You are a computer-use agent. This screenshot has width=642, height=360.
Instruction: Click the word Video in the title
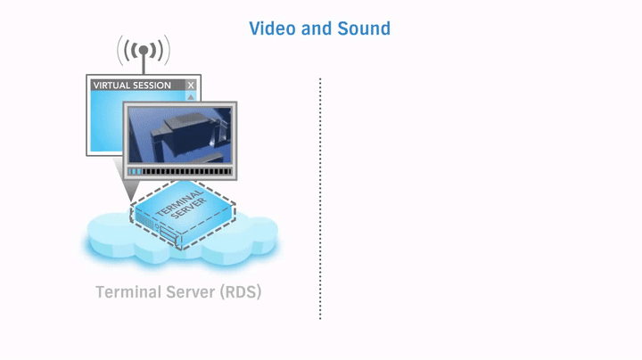[x=273, y=29]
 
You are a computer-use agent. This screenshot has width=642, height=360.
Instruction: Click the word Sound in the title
[x=364, y=29]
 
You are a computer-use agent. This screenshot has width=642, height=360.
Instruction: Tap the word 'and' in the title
[x=317, y=29]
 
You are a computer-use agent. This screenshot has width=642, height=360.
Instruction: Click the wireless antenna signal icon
[x=143, y=50]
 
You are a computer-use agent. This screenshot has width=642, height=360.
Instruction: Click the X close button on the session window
[x=191, y=86]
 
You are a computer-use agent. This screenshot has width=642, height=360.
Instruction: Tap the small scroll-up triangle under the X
[x=191, y=96]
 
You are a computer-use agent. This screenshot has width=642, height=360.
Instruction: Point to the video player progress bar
[x=179, y=170]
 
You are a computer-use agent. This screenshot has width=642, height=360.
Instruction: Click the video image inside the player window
[x=178, y=135]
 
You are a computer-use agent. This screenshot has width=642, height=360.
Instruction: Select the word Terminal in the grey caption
[x=129, y=292]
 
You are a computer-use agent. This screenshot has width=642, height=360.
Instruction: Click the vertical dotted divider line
[x=320, y=196]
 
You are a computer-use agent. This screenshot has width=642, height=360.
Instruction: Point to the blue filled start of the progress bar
[x=135, y=170]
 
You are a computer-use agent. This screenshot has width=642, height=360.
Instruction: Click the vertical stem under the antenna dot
[x=143, y=64]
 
